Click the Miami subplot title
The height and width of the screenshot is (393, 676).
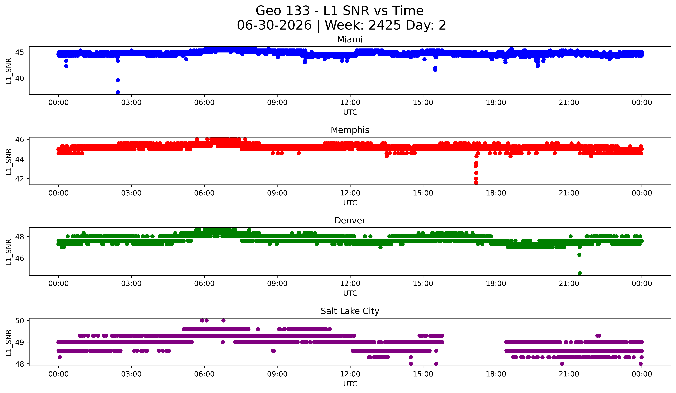coord(350,40)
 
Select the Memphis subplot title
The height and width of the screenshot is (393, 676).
coord(350,130)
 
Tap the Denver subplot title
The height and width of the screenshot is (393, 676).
coord(350,221)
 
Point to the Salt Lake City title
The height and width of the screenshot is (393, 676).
coord(350,311)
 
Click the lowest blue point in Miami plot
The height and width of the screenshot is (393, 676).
coord(118,92)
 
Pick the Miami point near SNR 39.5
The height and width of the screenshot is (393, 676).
coord(118,80)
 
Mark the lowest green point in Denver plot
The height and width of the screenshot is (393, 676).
coord(579,273)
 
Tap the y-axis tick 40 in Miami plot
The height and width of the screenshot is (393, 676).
coord(20,78)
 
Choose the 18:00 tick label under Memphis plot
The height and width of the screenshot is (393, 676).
coord(496,193)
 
